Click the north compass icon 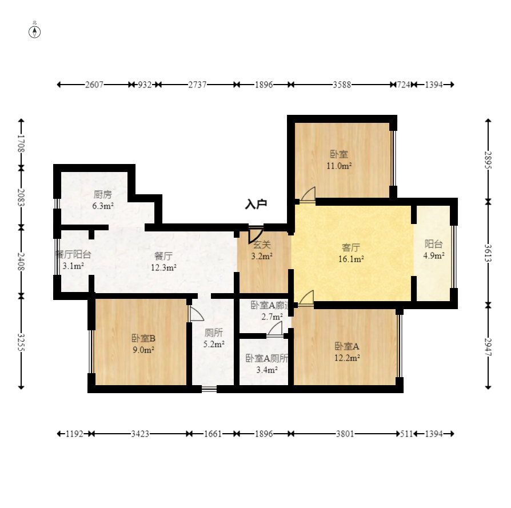35,31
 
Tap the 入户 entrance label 256,204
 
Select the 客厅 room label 350,247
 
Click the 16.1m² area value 350,258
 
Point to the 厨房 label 103,194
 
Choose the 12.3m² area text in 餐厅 163,267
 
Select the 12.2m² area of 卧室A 347,358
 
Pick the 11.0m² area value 339,166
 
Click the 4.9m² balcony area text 434,255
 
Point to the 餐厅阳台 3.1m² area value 73,266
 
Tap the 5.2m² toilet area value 214,344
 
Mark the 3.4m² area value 266,370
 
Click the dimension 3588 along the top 342,85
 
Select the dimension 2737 197,85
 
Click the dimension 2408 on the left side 21,261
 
